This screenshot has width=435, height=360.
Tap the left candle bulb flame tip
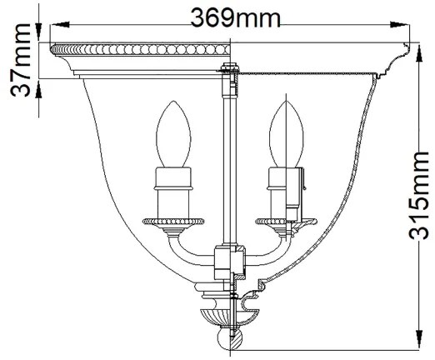(174, 105)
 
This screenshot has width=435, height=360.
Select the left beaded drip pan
(173, 222)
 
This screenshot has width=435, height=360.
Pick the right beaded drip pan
(281, 222)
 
